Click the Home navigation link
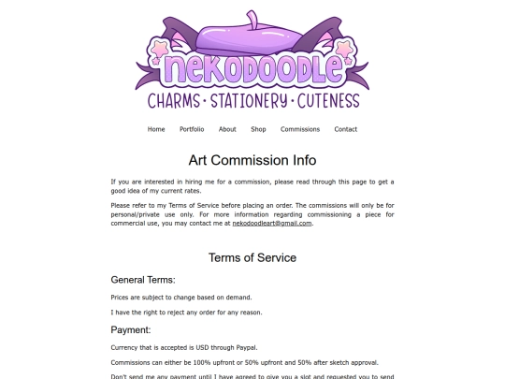click(156, 129)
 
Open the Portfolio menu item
click(192, 129)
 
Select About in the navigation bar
click(227, 129)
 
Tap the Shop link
click(258, 129)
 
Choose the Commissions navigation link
click(300, 129)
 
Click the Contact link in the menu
click(346, 129)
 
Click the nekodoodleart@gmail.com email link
click(272, 224)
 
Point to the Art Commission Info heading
click(252, 160)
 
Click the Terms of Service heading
click(252, 257)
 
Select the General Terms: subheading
click(143, 280)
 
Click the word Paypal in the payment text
click(245, 347)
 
